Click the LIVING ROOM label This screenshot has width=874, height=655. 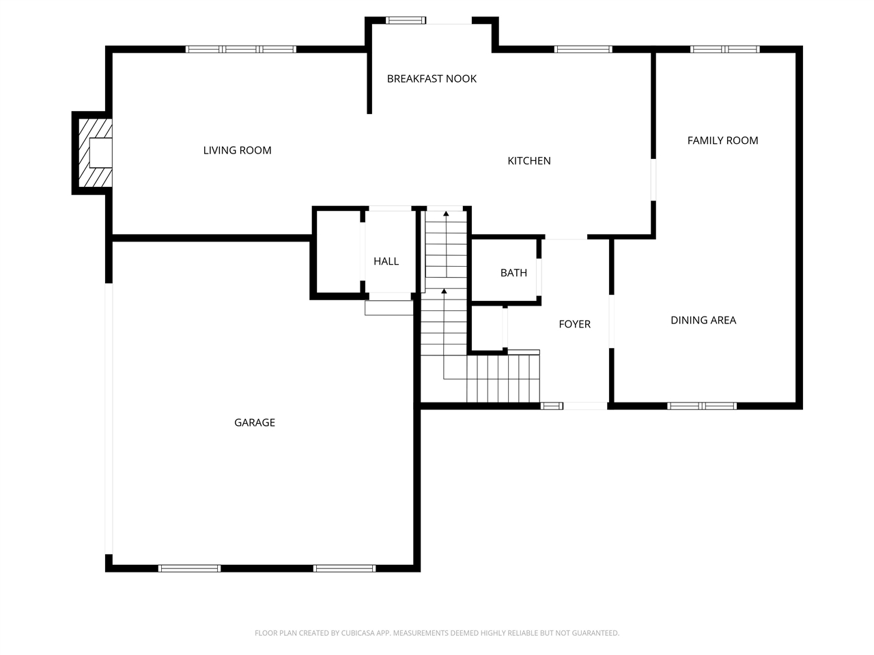click(x=237, y=150)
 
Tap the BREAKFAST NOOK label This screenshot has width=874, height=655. click(x=432, y=78)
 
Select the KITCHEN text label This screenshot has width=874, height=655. click(x=529, y=161)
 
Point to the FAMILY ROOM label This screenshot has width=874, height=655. click(x=722, y=141)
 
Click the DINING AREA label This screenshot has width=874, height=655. click(x=703, y=320)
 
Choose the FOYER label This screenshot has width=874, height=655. click(x=574, y=324)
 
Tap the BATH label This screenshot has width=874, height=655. click(x=513, y=273)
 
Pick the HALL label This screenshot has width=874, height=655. click(x=386, y=261)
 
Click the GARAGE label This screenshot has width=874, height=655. click(x=255, y=423)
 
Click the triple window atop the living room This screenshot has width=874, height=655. click(x=241, y=49)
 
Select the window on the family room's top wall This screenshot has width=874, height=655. click(x=724, y=49)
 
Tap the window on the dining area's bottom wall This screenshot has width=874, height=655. click(x=702, y=406)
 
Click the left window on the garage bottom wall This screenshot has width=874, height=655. click(x=189, y=568)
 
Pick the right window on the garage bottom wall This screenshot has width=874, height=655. click(x=344, y=568)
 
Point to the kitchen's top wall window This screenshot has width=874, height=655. click(x=582, y=49)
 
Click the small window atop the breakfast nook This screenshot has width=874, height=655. click(x=406, y=20)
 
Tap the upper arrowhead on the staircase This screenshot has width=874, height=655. click(x=446, y=214)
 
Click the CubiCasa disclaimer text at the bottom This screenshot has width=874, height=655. click(x=437, y=633)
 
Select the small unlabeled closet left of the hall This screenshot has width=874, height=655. click(x=337, y=252)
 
